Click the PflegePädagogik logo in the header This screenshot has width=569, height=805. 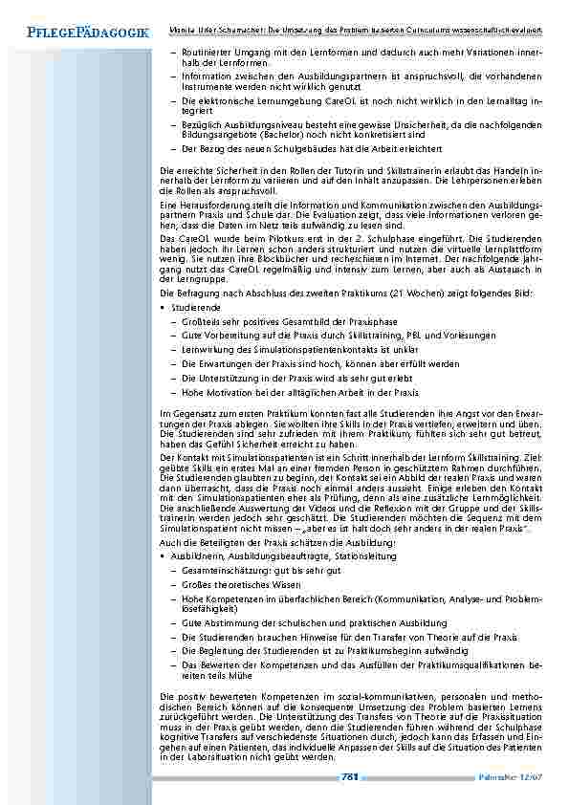(x=76, y=33)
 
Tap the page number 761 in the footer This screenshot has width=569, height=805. (x=349, y=777)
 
